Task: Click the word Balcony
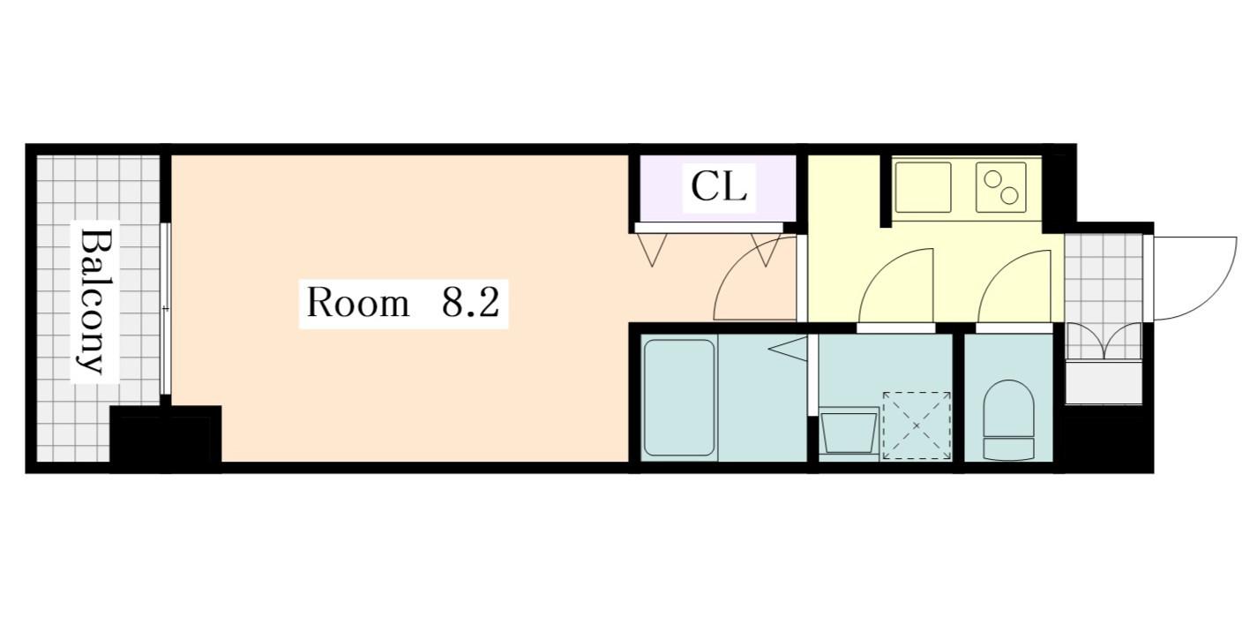(95, 301)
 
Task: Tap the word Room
(357, 303)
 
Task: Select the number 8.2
(470, 303)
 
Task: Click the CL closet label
(719, 187)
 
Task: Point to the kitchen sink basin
(923, 186)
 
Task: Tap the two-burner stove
(1000, 187)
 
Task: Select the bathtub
(678, 397)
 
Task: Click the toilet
(1008, 418)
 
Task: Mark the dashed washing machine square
(917, 425)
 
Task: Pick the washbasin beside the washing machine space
(849, 433)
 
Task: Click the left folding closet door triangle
(653, 250)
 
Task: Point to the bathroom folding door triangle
(790, 349)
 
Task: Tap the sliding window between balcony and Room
(165, 309)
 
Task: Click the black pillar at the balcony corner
(165, 438)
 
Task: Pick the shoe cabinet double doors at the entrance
(1103, 343)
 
